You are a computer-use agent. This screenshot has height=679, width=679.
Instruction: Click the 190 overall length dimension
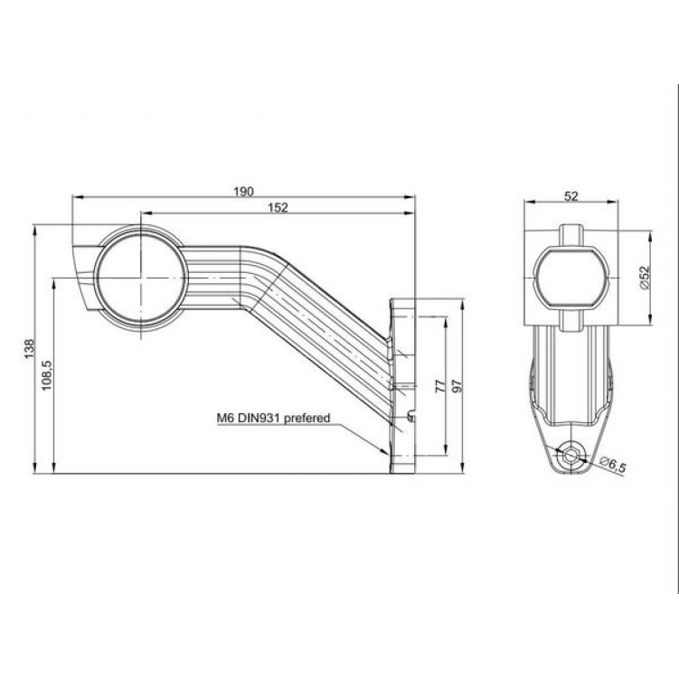pos(243,191)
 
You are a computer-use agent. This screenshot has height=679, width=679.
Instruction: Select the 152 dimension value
pos(278,208)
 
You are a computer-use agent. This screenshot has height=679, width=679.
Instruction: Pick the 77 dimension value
pos(439,385)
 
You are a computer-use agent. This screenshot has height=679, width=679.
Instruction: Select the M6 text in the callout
pos(225,419)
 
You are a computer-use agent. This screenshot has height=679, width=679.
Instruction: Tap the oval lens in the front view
pos(571,277)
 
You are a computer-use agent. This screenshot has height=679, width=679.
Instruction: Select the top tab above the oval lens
pos(571,232)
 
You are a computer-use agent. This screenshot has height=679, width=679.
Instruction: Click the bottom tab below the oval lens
pos(571,320)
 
